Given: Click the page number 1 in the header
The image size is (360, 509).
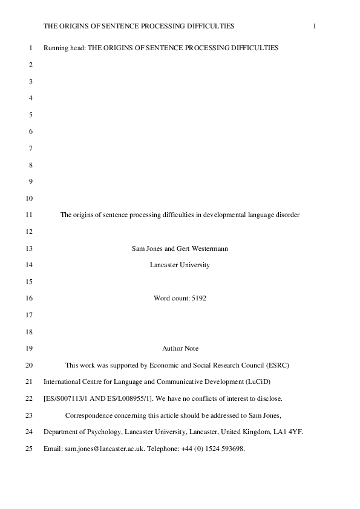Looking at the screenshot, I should [x=315, y=26].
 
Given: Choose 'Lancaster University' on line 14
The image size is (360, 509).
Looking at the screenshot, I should [x=180, y=264].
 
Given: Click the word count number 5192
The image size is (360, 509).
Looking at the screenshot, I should [x=197, y=298].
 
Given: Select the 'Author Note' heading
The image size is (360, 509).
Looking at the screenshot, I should [x=180, y=348].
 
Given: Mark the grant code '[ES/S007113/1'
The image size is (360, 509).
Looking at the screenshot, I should [x=65, y=398].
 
